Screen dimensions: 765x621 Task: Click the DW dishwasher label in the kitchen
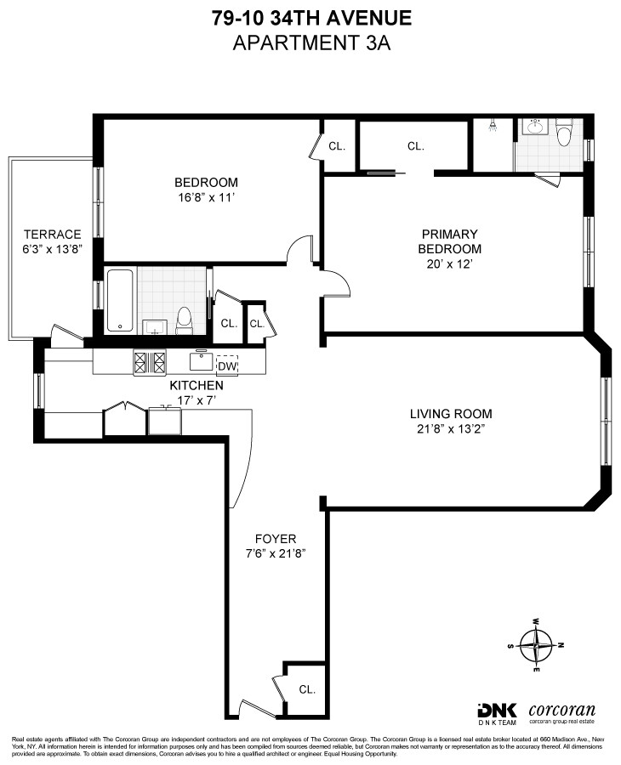pos(226,366)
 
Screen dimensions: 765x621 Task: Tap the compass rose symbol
pos(536,643)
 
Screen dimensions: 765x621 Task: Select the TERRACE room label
pos(52,235)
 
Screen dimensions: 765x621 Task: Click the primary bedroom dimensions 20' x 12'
pos(449,264)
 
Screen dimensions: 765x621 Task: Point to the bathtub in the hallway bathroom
pos(119,301)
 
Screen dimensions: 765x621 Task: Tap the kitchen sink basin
pos(202,363)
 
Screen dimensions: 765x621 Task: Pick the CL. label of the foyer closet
pos(306,689)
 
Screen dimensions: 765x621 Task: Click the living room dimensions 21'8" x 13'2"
pos(451,429)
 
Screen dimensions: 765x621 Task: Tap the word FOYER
pos(276,539)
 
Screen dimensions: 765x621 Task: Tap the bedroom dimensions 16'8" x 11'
pos(206,197)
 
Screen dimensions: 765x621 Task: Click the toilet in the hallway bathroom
pos(183,320)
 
